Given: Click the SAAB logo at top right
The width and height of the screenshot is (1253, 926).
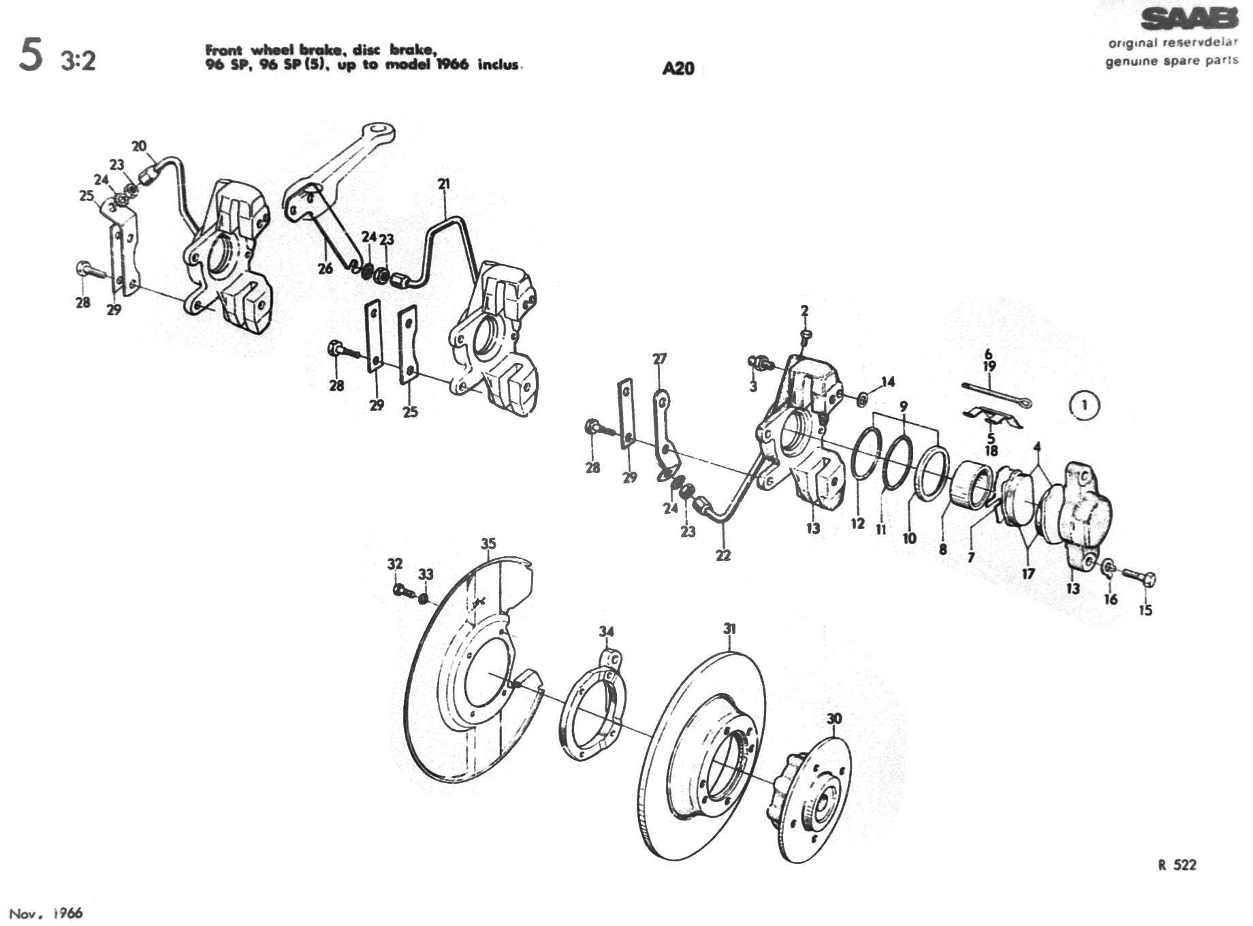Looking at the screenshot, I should click(x=1188, y=20).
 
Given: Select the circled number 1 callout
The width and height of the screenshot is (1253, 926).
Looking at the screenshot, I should click(x=1084, y=406).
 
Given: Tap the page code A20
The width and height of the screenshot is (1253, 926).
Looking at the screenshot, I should click(x=678, y=68).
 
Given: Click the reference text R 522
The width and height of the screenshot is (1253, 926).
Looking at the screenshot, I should click(x=1177, y=865).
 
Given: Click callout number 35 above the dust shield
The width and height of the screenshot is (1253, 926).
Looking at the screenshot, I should click(x=488, y=543).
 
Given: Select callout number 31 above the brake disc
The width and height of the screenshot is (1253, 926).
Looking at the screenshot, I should click(x=729, y=628).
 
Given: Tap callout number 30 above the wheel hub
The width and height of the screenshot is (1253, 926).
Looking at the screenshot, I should click(x=834, y=718).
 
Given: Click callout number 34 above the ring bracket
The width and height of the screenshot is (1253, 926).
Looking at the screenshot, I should click(x=606, y=631).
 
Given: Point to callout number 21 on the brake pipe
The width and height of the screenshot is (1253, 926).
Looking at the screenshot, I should click(x=444, y=183).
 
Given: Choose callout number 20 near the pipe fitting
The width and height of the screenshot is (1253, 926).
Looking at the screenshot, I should click(x=139, y=146).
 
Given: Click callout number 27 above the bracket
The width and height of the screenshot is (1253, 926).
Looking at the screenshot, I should click(x=659, y=358).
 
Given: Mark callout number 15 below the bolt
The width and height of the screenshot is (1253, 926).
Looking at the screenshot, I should click(x=1145, y=610).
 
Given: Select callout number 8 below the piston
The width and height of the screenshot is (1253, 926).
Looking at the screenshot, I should click(x=942, y=549).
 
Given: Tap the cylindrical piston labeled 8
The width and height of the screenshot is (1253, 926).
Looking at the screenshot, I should click(x=968, y=485).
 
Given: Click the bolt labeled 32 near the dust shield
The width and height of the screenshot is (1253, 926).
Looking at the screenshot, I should click(x=401, y=590).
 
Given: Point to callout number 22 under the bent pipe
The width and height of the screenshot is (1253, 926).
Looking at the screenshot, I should click(x=723, y=555).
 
